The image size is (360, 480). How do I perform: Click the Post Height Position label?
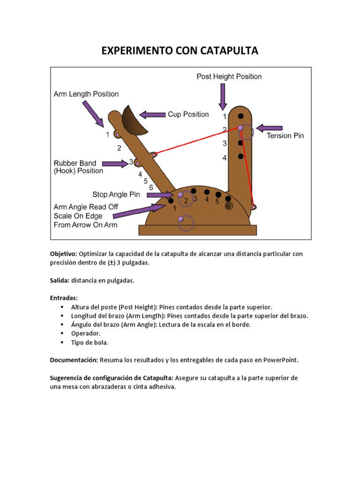229,76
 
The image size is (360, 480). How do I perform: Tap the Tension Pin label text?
285,136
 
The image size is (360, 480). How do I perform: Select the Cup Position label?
189,114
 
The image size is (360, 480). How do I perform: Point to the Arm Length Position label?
86,94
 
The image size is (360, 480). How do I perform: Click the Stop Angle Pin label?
116,195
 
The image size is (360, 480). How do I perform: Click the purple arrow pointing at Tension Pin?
270,127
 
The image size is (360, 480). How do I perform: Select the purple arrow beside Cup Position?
152,114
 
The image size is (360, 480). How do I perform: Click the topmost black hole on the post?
240,116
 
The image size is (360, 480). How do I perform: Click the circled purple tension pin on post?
241,128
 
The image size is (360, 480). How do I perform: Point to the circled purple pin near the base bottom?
181,219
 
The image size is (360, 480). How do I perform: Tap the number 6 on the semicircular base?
228,206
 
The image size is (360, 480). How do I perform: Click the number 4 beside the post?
225,158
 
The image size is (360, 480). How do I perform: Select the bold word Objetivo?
63,254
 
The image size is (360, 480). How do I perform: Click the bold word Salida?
60,280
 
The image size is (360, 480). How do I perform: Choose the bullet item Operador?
86,333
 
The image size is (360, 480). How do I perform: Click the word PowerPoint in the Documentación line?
280,360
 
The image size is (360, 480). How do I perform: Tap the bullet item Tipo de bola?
90,342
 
